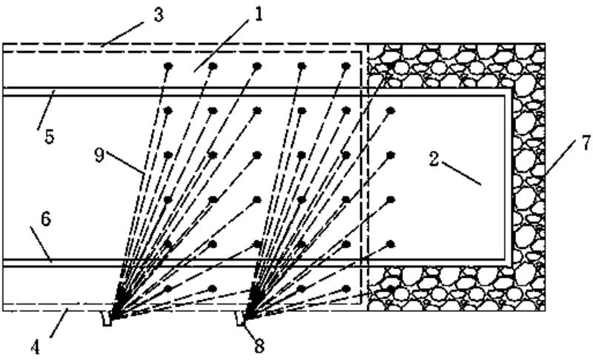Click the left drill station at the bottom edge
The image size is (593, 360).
pyautogui.click(x=109, y=319)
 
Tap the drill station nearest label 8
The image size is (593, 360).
pyautogui.click(x=241, y=319)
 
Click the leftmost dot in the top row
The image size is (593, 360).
pyautogui.click(x=169, y=66)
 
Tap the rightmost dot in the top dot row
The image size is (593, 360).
pyautogui.click(x=345, y=66)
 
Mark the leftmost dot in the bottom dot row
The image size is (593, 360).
pyautogui.click(x=169, y=287)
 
